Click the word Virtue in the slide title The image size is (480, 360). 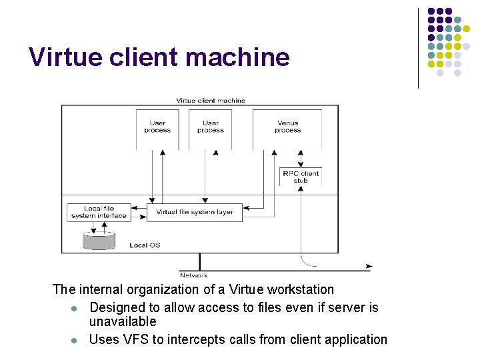pyautogui.click(x=61, y=58)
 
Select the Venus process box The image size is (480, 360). pyautogui.click(x=287, y=127)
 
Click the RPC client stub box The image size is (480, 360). pyautogui.click(x=301, y=177)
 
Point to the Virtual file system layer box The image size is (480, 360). pyautogui.click(x=195, y=212)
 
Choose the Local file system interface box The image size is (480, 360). pyautogui.click(x=99, y=212)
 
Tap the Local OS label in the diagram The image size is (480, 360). pyautogui.click(x=145, y=245)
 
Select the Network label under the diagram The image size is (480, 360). pyautogui.click(x=193, y=275)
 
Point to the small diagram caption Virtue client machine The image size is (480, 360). pyautogui.click(x=211, y=101)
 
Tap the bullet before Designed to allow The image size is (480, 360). pyautogui.click(x=75, y=308)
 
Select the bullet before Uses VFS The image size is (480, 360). pyautogui.click(x=75, y=340)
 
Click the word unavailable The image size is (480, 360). pyautogui.click(x=123, y=322)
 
